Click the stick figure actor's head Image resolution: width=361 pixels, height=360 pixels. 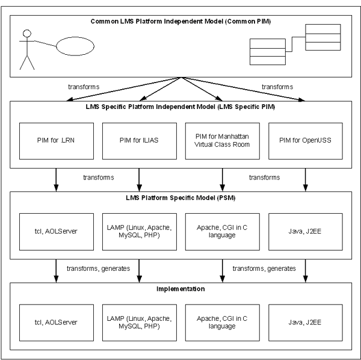(x=27, y=33)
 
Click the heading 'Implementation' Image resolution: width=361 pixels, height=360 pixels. (x=180, y=289)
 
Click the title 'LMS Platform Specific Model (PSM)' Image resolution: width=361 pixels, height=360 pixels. (x=180, y=198)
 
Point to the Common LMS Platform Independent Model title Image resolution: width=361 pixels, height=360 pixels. (x=180, y=22)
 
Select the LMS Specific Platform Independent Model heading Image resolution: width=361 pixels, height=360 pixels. (x=180, y=107)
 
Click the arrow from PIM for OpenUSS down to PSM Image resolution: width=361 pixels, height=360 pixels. (x=306, y=179)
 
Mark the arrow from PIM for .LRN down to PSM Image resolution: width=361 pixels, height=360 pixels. (x=56, y=179)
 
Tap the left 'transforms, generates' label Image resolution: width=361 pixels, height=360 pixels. (x=98, y=268)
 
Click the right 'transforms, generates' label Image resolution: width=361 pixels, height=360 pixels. (x=264, y=268)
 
